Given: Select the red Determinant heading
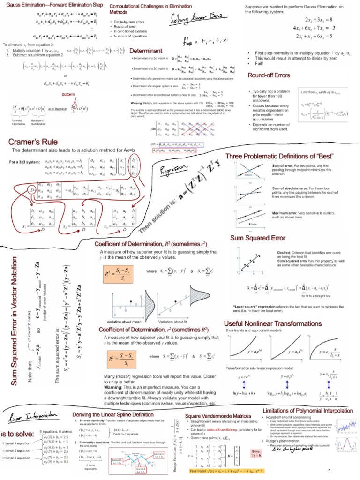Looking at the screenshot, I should coord(146,50).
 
